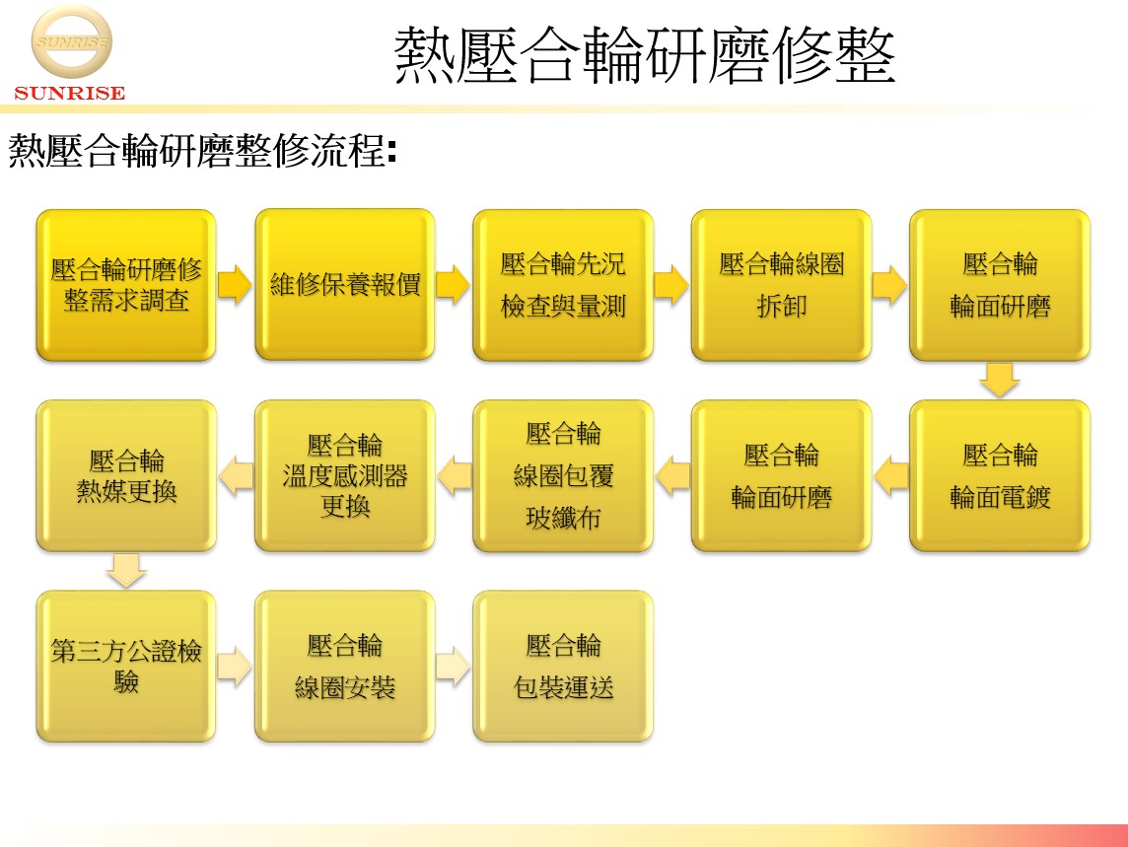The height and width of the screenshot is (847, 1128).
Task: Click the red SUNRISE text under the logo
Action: pos(70,93)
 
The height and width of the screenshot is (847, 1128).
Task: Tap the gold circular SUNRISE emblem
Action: pos(71,41)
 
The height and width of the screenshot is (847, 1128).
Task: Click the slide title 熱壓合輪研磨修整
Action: pos(645,55)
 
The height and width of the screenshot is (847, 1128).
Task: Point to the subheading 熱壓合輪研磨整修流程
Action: pos(202,151)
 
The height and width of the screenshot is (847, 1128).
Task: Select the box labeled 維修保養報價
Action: pos(344,285)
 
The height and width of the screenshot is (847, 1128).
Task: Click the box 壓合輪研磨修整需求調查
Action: pos(126,285)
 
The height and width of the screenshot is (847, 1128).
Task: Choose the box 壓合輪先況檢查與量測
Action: pos(563,285)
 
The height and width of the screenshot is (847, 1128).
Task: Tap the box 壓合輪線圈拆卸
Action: pos(781,285)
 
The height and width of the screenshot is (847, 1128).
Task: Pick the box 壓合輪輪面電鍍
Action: pos(1000,475)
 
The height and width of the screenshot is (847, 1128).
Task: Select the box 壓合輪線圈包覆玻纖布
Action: pos(563,475)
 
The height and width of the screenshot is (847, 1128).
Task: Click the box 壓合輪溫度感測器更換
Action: pos(344,475)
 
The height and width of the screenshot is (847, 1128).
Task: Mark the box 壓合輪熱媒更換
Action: pos(126,475)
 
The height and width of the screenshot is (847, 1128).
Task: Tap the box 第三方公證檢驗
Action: pos(126,667)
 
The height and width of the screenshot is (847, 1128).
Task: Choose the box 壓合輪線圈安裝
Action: pos(344,667)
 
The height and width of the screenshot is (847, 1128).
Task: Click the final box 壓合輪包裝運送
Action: pos(563,667)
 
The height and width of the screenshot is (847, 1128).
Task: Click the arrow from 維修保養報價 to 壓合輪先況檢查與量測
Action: pos(454,284)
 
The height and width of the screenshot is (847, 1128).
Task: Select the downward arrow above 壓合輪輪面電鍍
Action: pos(1000,380)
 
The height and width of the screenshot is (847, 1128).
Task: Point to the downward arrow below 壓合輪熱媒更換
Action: pos(126,571)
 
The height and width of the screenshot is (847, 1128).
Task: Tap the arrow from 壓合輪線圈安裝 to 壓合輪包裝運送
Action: pos(454,666)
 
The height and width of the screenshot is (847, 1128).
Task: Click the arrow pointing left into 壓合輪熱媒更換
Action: pos(236,475)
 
